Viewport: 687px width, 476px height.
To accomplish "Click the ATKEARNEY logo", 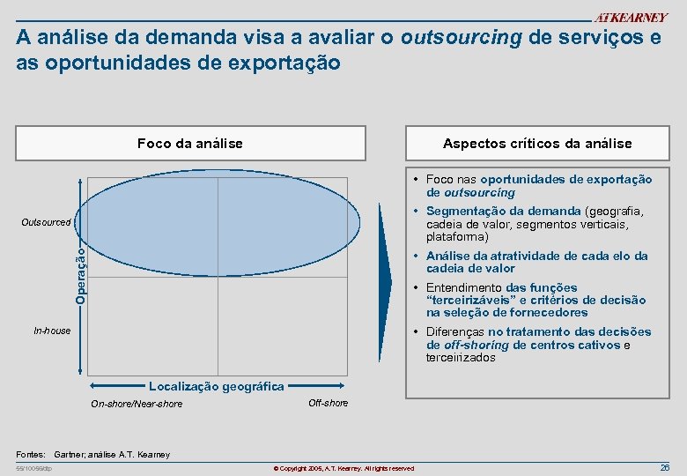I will pos(632,18).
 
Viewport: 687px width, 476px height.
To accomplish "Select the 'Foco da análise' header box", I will pos(190,143).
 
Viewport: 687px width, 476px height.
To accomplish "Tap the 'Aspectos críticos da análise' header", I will pos(536,143).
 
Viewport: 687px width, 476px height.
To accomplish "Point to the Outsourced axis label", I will pos(47,222).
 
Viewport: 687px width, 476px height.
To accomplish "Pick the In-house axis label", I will pos(52,331).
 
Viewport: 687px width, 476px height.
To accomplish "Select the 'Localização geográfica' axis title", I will pos(217,386).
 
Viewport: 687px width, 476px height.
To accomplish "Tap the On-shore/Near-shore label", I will pos(137,404).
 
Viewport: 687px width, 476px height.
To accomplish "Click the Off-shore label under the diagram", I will pos(328,403).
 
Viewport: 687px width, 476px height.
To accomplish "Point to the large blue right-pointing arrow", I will pos(385,281).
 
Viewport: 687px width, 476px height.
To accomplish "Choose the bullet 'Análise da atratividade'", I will pos(536,262).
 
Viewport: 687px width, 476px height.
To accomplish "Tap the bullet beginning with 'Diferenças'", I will pos(538,345).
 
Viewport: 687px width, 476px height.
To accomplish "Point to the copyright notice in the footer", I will pos(343,468).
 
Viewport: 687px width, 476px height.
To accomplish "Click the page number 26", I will pos(665,466).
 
